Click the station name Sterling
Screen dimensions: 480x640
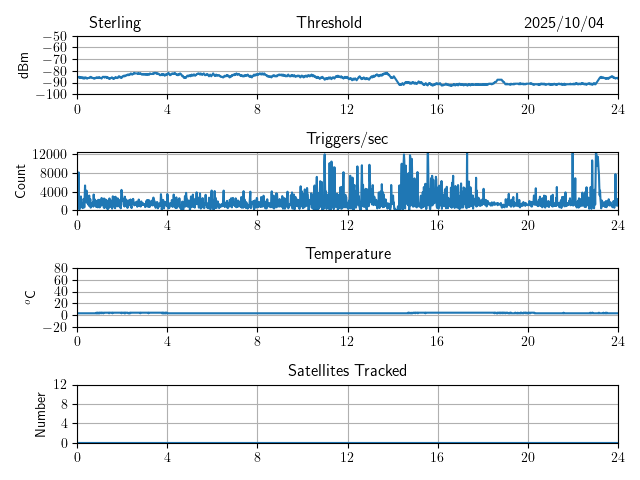tap(115, 23)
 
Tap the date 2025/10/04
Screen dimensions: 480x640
tap(564, 23)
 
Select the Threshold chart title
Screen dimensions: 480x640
tap(329, 23)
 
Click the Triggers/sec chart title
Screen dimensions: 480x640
tap(347, 139)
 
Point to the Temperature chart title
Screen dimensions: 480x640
tap(347, 254)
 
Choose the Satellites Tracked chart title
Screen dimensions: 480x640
tap(347, 370)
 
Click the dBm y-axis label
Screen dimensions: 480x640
tap(24, 65)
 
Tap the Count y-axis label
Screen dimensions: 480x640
tap(21, 181)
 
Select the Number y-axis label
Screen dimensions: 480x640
tap(41, 413)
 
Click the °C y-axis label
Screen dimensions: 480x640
tap(31, 297)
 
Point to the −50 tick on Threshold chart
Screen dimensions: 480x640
tap(54, 36)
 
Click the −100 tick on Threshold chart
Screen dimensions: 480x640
tap(51, 94)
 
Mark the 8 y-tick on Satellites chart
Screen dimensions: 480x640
tap(63, 404)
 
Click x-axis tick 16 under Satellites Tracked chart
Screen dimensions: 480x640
tap(438, 457)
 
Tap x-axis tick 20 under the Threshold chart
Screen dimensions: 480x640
tap(528, 109)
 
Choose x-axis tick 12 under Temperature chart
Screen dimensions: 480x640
tap(348, 341)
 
